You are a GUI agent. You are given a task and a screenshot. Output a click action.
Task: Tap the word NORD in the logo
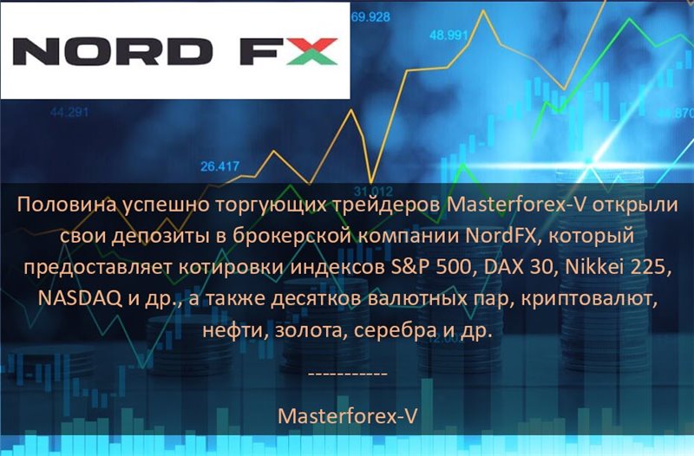[x=113, y=51]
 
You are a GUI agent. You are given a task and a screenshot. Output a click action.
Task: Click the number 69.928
[x=371, y=17]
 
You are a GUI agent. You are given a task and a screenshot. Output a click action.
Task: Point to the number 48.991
[x=448, y=35]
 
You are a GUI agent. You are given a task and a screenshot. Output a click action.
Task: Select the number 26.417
[x=220, y=166]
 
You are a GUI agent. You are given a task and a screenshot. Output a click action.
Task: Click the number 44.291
[x=69, y=113]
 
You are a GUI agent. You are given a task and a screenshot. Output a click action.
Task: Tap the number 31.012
[x=373, y=192]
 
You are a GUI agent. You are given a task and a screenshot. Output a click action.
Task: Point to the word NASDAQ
[x=81, y=299]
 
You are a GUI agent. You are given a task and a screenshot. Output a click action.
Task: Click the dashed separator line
[x=348, y=375]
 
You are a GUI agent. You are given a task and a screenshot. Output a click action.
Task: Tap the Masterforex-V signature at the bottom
[x=348, y=416]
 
